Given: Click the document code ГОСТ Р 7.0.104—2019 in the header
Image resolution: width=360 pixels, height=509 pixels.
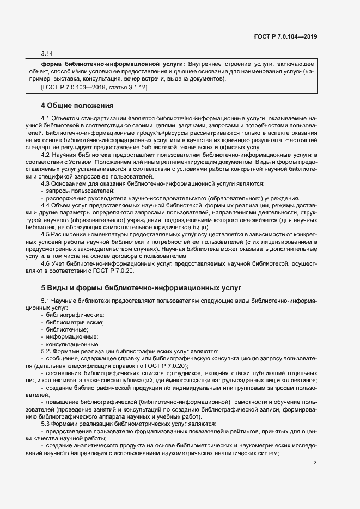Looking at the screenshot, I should coord(286,36).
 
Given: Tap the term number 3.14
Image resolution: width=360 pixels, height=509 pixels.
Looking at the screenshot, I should coord(47,53).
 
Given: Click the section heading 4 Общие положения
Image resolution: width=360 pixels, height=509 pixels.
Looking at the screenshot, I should coord(77,105).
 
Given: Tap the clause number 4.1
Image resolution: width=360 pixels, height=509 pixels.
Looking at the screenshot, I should coord(46,118).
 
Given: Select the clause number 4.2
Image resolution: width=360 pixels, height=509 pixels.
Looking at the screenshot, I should coord(46,155).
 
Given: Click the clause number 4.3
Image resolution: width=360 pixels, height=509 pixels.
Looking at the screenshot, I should coord(46,184).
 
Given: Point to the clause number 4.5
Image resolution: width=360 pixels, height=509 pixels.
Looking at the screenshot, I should coord(46,234).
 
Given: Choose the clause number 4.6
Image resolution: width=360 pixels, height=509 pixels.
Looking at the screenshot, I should coord(46,263).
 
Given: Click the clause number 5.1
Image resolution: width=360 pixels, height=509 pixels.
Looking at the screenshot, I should coord(46,301).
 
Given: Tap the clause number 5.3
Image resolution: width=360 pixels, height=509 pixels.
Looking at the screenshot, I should coord(46,423).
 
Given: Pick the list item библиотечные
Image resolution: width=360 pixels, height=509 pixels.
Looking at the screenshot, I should coord(66,330).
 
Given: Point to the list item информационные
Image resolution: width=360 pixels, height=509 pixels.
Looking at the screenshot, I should coord(69,337).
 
